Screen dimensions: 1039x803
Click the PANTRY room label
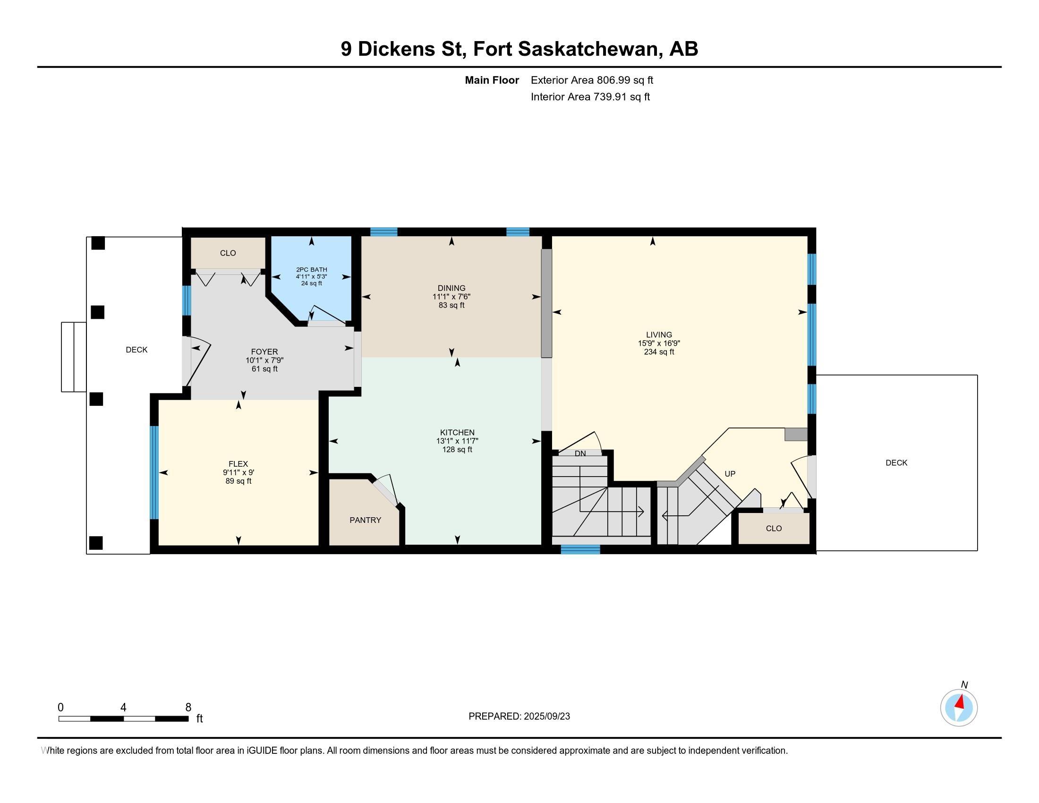click(365, 520)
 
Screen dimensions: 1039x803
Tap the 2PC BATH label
click(312, 270)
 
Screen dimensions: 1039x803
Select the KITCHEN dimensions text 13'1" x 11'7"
click(457, 441)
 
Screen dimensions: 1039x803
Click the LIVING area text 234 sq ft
click(659, 352)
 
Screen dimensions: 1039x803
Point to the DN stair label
click(580, 454)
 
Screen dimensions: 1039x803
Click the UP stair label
click(730, 474)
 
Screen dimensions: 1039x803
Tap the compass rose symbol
click(959, 708)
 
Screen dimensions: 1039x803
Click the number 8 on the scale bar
click(188, 708)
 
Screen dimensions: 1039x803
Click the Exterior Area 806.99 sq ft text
click(592, 80)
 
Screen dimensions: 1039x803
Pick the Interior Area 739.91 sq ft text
click(590, 96)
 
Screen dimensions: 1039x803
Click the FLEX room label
click(238, 464)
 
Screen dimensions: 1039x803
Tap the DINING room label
click(451, 288)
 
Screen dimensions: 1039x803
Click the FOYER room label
click(264, 351)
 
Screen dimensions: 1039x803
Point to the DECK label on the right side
click(896, 462)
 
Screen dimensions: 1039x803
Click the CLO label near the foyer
click(228, 253)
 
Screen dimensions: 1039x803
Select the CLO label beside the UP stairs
click(774, 529)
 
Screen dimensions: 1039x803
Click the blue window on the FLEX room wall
click(154, 472)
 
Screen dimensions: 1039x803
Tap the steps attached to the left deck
click(74, 357)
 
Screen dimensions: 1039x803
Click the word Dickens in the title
click(397, 49)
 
